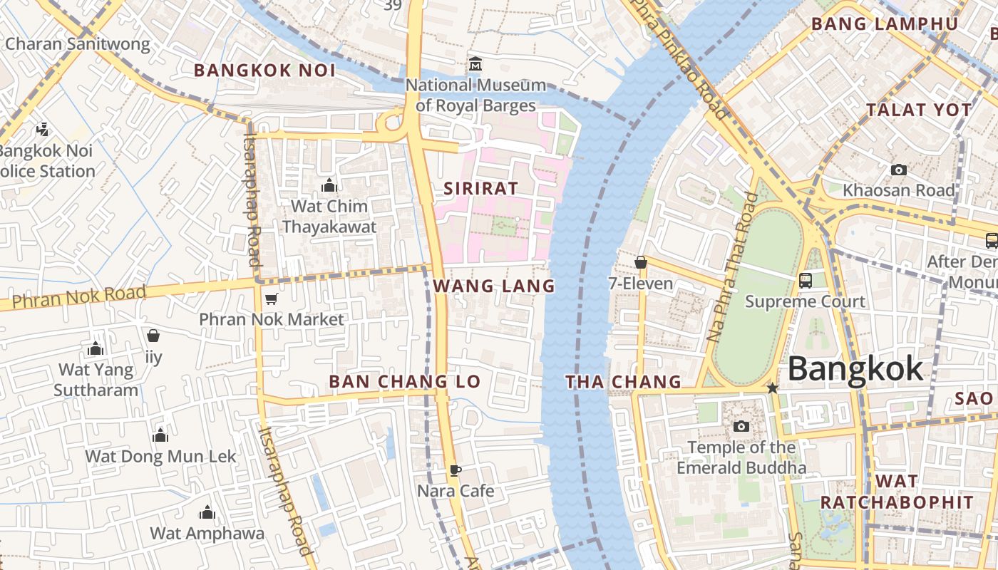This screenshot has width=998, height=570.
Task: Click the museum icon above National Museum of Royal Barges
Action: tap(475, 65)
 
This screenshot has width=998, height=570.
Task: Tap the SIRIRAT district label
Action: tap(480, 189)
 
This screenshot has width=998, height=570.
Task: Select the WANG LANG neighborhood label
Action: tap(493, 286)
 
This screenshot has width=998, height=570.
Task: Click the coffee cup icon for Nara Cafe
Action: tap(455, 470)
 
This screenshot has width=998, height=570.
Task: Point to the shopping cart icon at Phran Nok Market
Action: tap(271, 299)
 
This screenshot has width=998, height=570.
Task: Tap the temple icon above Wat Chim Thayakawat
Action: tap(329, 186)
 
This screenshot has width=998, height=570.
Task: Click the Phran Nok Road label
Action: tap(78, 296)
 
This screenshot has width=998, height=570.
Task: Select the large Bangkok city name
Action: tap(855, 369)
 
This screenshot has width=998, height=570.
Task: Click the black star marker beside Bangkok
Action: tap(772, 388)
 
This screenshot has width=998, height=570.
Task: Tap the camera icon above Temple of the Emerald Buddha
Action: tap(741, 426)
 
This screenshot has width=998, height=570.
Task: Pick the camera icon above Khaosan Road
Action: tap(898, 170)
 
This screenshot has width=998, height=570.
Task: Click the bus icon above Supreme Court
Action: tap(806, 281)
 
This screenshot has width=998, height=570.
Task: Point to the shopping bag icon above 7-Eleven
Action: tap(641, 262)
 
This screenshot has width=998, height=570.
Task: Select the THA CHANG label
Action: tap(624, 383)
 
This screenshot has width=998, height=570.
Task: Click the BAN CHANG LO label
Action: tap(404, 382)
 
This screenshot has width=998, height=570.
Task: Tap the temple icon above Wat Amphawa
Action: tap(207, 512)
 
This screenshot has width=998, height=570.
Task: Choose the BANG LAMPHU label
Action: tap(885, 24)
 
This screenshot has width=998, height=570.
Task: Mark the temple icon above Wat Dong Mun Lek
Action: tap(160, 435)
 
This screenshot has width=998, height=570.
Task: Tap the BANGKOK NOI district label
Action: tap(264, 71)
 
